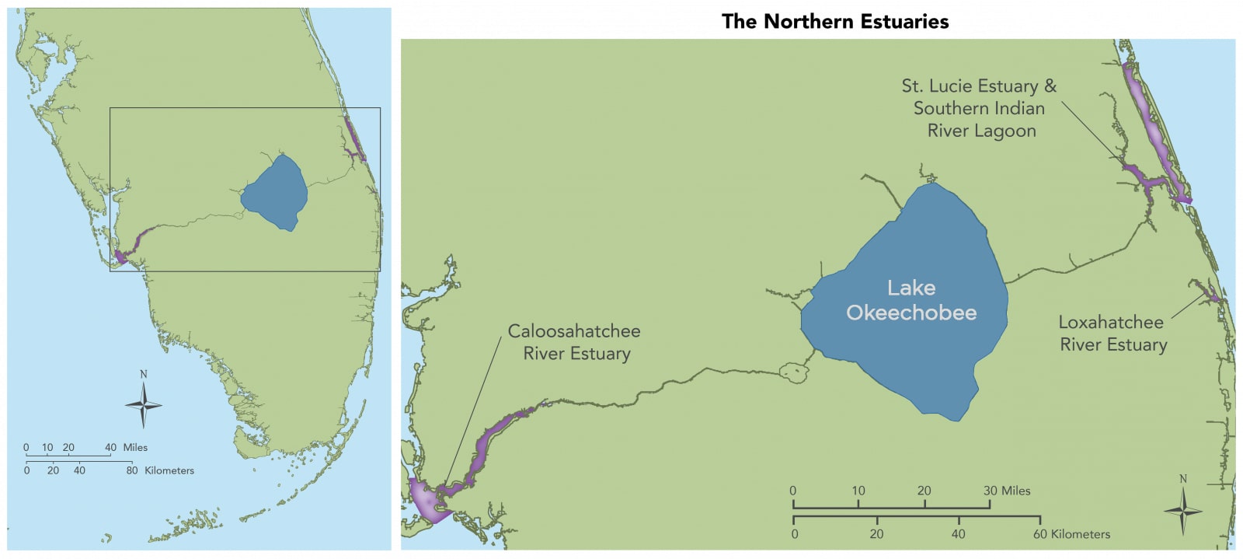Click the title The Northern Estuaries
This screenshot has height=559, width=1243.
coord(834,21)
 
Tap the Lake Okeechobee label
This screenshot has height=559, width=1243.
coord(911,300)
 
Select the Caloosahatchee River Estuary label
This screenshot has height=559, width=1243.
coord(575,342)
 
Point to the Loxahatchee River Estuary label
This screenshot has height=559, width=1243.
coord(1112,334)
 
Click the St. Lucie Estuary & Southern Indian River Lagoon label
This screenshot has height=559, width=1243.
coord(979,108)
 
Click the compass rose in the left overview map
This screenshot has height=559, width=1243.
coord(144,404)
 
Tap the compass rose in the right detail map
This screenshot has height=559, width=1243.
coord(1182,511)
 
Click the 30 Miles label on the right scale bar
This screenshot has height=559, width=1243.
coord(1006,491)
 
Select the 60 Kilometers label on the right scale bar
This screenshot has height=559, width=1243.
coord(1071,534)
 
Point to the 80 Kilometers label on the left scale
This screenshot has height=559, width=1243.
coord(160,470)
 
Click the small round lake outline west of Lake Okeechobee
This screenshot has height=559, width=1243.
coord(794,372)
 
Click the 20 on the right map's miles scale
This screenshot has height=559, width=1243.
coord(924,491)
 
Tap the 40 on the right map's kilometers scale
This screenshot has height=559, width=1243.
coord(958,534)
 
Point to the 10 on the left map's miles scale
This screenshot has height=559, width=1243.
coord(47,447)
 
